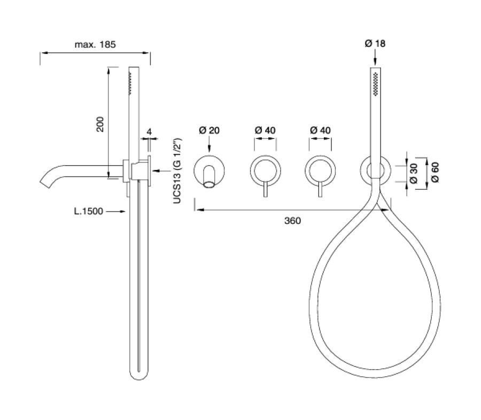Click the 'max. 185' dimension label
click(96, 44)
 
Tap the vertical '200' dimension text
click(100, 125)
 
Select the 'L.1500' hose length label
click(89, 211)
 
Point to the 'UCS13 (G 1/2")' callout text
click(177, 170)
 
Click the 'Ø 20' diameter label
click(209, 130)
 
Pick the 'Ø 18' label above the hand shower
click(375, 44)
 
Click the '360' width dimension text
click(293, 221)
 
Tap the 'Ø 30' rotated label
click(414, 173)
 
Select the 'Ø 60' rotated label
click(435, 173)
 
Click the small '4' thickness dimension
click(150, 132)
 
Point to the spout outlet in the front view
click(210, 184)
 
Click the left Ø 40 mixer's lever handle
click(265, 189)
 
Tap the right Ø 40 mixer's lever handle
click(320, 189)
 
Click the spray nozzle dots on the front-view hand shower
click(376, 83)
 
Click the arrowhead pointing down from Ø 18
click(375, 63)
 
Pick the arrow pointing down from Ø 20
click(209, 144)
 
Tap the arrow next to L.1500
click(118, 212)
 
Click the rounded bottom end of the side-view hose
click(138, 375)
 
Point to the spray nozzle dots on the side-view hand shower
click(130, 83)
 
